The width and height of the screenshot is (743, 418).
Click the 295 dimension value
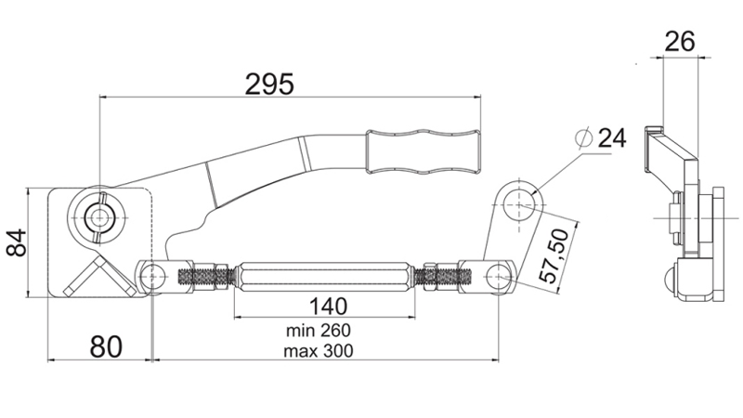[x=269, y=84]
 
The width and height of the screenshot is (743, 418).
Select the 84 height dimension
[x=18, y=244]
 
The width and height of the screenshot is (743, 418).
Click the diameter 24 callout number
[x=610, y=138]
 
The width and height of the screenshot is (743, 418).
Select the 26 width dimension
[x=680, y=41]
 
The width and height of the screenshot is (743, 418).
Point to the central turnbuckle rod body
[x=324, y=277]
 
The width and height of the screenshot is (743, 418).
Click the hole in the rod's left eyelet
[x=150, y=275]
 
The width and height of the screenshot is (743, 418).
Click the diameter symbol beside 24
[x=583, y=137]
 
